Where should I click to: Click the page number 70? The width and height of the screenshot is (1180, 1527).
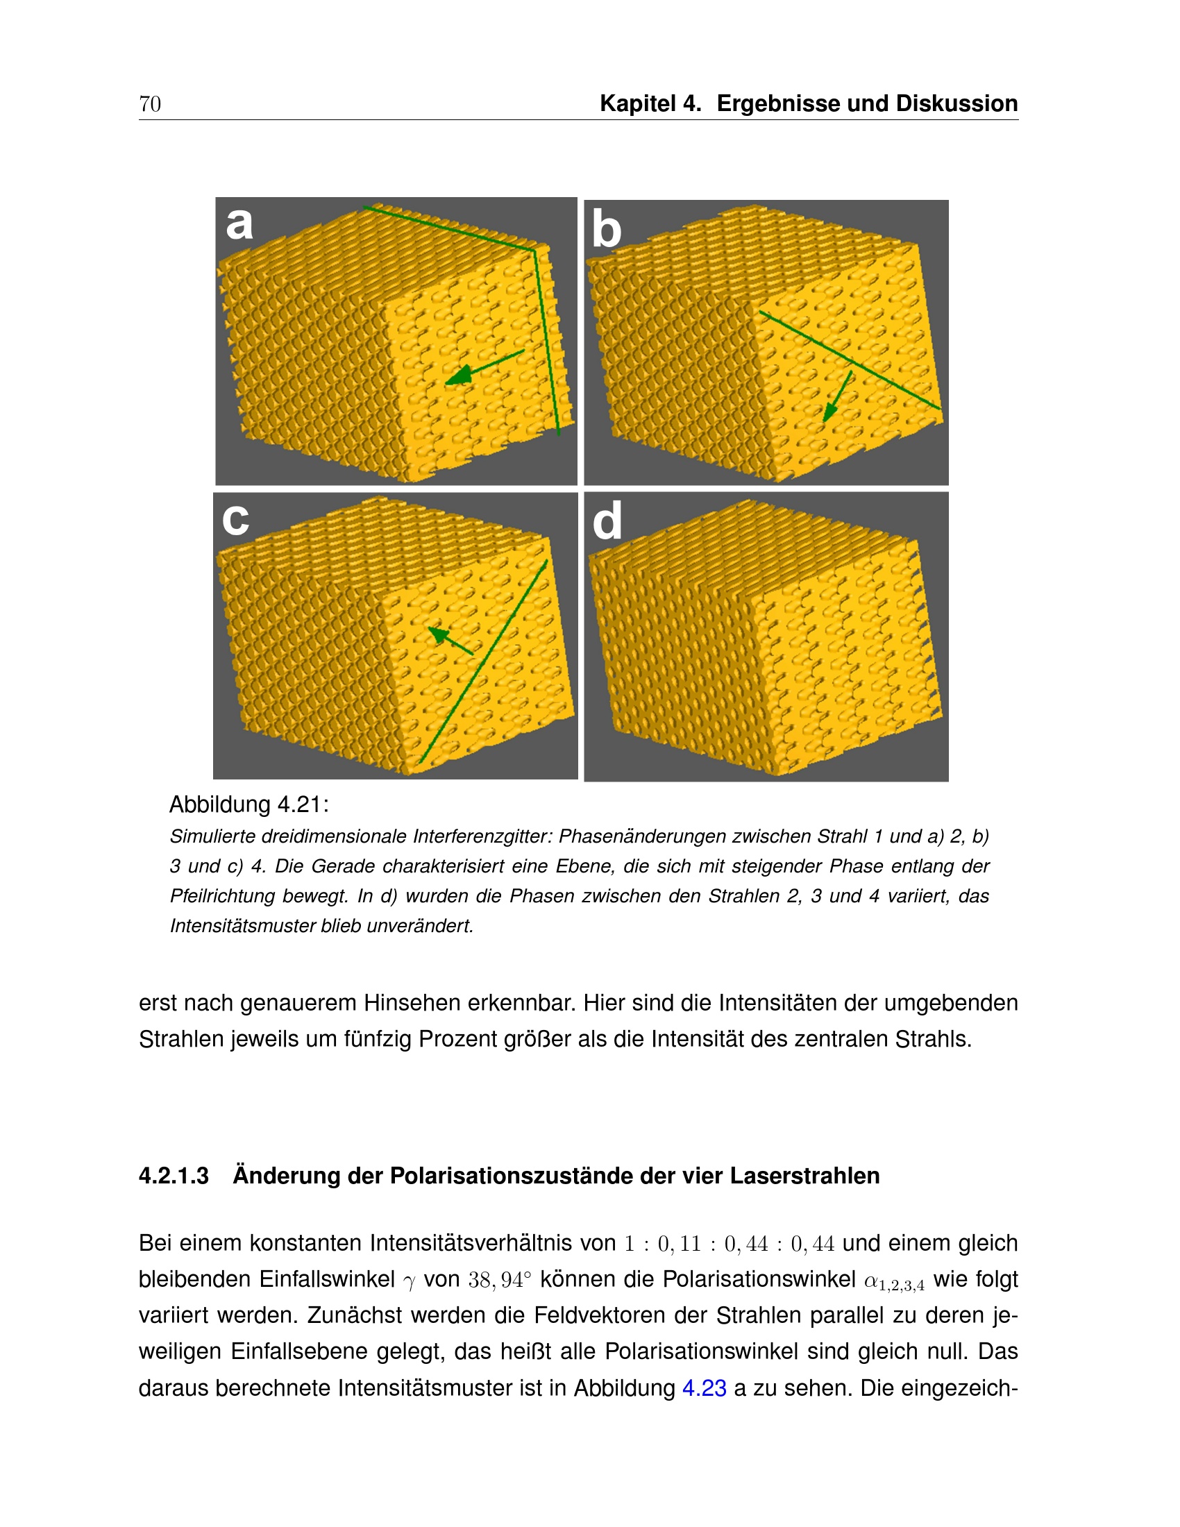[150, 104]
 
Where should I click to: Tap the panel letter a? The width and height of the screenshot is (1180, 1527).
[239, 223]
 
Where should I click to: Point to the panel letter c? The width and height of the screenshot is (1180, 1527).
[235, 518]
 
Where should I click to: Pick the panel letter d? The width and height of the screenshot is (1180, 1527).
[607, 521]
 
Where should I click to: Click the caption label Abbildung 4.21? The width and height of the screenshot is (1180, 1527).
[249, 804]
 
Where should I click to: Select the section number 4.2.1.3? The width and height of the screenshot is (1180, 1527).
[174, 1176]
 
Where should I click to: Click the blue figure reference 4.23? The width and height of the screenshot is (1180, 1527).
[704, 1388]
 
